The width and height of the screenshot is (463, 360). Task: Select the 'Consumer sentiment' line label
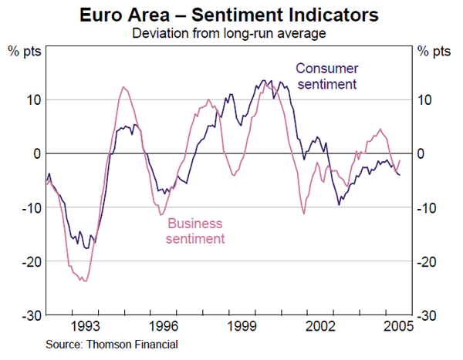326,76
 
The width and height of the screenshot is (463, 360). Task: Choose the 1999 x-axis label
243,326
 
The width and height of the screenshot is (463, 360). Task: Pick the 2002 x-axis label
323,326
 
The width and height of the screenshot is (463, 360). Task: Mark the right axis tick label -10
430,208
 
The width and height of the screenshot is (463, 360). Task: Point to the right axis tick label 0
422,154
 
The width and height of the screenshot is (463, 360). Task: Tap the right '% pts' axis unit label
434,52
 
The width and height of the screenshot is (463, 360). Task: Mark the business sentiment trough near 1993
84,281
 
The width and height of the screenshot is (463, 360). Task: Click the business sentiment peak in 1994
123,87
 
